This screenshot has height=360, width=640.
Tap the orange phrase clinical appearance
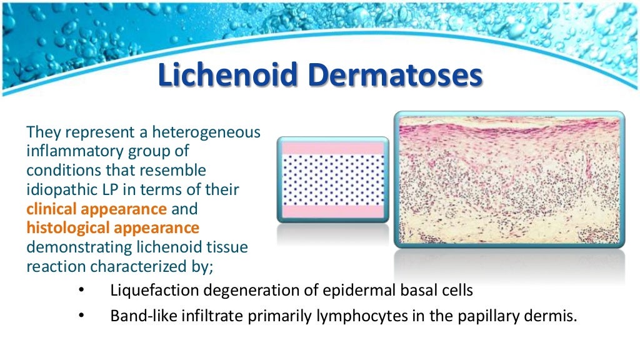click(96, 209)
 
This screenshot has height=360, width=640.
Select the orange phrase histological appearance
click(112, 227)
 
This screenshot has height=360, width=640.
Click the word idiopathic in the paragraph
click(59, 189)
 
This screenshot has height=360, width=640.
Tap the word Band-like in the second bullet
click(144, 316)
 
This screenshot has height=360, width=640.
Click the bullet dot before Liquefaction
click(81, 290)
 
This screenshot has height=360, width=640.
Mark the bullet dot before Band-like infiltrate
click(81, 316)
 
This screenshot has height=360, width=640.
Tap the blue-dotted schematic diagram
click(332, 180)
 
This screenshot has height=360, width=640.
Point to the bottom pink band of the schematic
click(332, 211)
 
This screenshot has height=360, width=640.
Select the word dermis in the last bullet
click(553, 316)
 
